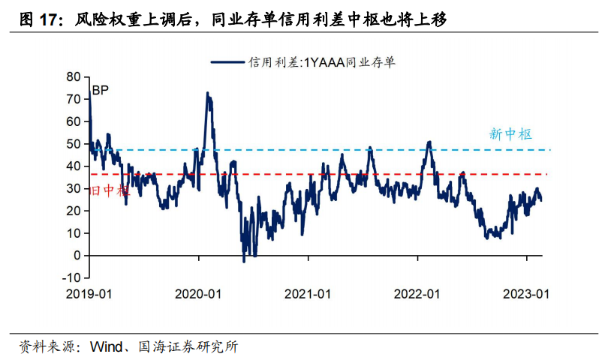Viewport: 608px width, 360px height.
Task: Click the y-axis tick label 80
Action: tap(73, 76)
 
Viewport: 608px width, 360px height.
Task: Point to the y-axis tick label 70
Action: tap(73, 99)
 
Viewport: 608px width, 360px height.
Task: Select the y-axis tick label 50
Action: tap(73, 143)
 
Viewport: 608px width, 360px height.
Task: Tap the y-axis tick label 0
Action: tap(77, 255)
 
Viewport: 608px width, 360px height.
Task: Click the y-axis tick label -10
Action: tap(71, 277)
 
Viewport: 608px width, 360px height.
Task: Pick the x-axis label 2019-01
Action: tap(90, 294)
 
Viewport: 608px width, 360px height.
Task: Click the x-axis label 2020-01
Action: tap(199, 294)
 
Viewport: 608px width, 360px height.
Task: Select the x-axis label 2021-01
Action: tap(309, 294)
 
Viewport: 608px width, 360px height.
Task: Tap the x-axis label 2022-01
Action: tap(417, 294)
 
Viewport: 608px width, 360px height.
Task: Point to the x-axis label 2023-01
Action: tap(526, 294)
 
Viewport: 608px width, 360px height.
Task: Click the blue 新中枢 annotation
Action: tap(510, 134)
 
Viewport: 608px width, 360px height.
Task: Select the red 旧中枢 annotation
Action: tap(109, 191)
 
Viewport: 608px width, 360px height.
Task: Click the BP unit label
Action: tap(101, 91)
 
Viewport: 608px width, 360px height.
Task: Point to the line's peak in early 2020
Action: tap(207, 94)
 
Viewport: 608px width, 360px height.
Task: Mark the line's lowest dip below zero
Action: tap(244, 261)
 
